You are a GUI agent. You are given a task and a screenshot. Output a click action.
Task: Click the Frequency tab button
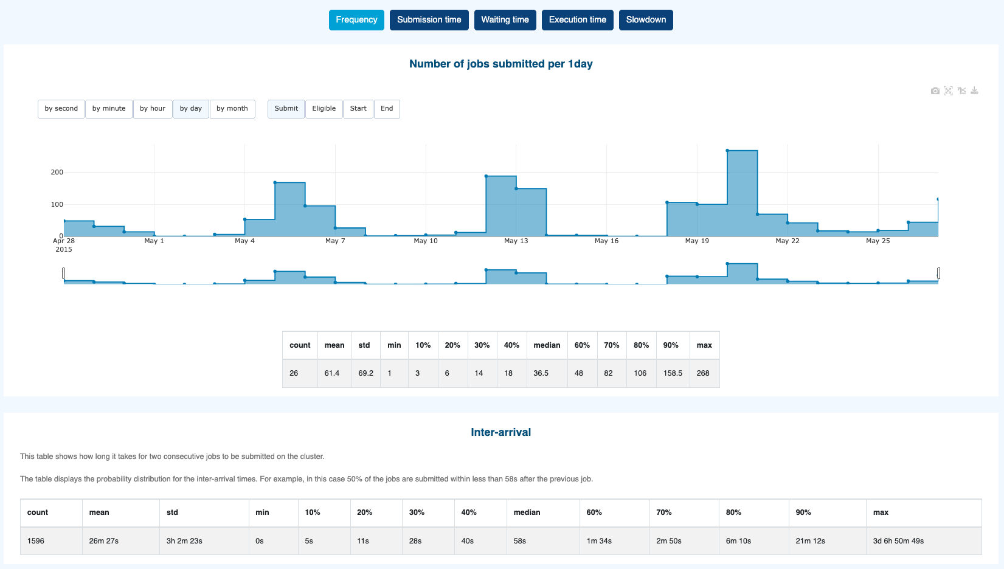point(356,20)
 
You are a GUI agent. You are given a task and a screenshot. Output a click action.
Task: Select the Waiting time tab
point(505,20)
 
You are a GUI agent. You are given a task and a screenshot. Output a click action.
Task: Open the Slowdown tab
point(646,20)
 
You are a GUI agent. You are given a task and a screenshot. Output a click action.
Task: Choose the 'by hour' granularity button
point(153,109)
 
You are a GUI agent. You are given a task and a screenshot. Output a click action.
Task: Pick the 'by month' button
point(232,109)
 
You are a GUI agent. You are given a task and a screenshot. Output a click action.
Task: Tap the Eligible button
point(324,109)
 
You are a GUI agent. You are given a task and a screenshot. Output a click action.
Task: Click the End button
point(387,109)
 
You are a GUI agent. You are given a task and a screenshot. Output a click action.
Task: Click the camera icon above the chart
point(935,91)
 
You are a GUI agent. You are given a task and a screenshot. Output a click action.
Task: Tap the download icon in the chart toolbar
point(974,91)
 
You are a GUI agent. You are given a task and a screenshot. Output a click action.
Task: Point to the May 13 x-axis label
point(516,241)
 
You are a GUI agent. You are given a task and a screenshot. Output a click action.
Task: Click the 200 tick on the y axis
point(57,173)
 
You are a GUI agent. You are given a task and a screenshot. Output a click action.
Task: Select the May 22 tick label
point(787,241)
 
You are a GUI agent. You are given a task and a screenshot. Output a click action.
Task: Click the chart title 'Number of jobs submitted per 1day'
point(500,64)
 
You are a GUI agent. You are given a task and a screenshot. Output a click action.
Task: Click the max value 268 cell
point(703,373)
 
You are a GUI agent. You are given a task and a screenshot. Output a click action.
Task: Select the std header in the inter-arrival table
point(173,512)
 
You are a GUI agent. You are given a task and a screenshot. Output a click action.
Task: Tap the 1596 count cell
point(36,541)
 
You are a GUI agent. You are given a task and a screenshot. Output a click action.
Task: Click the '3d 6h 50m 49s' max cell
point(898,541)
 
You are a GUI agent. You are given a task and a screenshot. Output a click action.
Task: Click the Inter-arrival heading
point(500,432)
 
